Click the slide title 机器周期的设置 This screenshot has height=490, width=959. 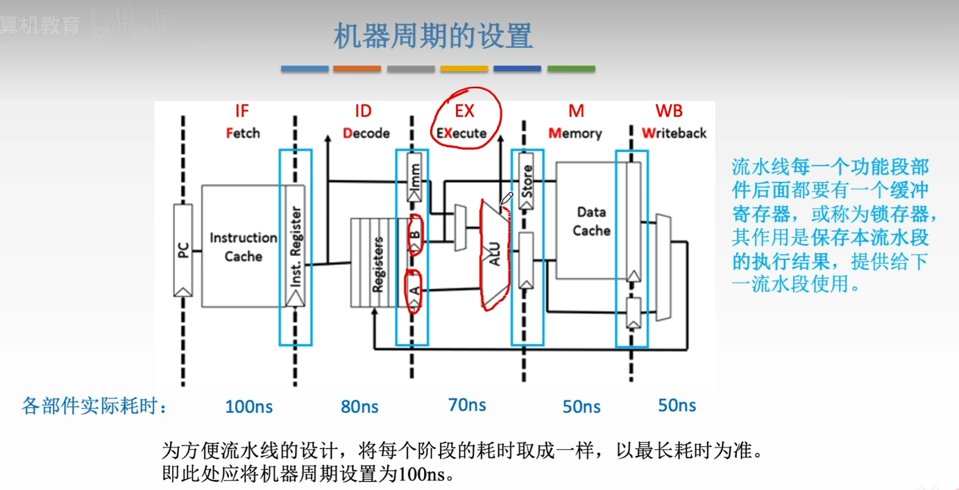tap(433, 36)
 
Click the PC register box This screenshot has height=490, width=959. tap(183, 250)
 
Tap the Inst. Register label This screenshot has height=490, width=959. tap(295, 246)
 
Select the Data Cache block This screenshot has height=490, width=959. tap(591, 221)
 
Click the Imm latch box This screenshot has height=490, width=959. tap(415, 177)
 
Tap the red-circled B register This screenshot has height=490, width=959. tap(415, 235)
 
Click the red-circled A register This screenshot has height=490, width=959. tap(415, 292)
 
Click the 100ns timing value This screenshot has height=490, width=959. tap(248, 407)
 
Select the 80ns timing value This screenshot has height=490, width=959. tap(359, 407)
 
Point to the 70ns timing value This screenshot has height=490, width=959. tap(467, 405)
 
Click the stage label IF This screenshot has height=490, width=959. tap(241, 111)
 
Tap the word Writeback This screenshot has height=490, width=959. tap(674, 133)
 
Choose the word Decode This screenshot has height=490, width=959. tap(366, 133)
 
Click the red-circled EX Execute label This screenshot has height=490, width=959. tap(463, 121)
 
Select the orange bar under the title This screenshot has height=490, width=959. tap(357, 69)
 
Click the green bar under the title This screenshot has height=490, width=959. tap(571, 69)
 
